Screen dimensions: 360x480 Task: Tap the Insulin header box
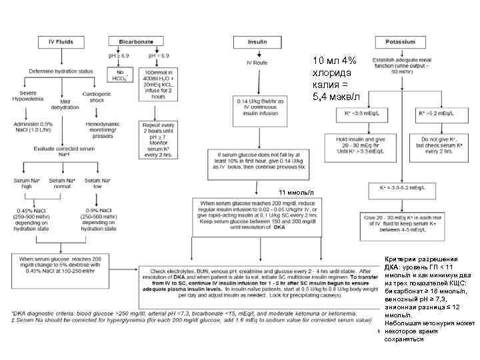tap(257, 43)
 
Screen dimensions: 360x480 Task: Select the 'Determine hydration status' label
tap(61, 71)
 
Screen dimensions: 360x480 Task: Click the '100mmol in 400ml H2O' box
tap(158, 83)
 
